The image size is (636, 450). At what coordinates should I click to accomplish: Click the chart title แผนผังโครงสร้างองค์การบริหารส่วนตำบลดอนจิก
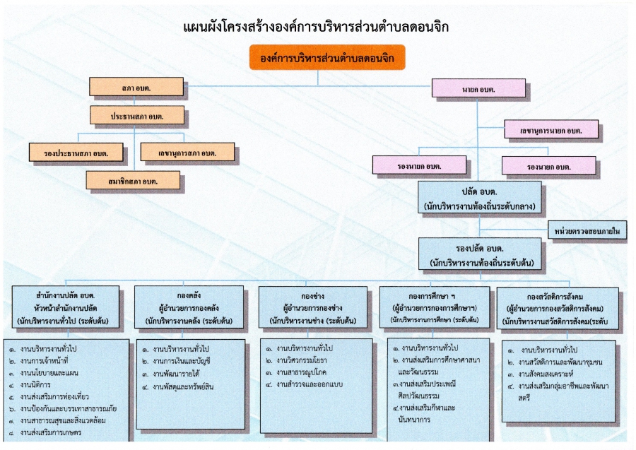[316, 27]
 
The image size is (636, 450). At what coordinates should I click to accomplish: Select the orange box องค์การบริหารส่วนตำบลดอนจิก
[327, 57]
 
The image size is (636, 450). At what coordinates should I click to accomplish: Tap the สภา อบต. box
[136, 87]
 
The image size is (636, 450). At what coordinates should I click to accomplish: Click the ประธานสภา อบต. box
[137, 116]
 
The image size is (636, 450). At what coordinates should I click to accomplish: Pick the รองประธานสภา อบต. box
[76, 153]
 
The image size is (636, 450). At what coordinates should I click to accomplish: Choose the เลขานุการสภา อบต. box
[187, 153]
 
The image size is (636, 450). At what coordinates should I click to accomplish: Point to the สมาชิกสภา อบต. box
[133, 180]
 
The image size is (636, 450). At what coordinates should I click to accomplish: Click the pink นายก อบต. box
[478, 88]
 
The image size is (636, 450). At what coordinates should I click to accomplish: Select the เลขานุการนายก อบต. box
[551, 129]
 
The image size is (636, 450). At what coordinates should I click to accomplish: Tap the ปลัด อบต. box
[480, 198]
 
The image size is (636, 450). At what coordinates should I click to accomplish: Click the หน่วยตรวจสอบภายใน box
[587, 230]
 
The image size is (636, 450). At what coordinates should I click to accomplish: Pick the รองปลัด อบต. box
[480, 254]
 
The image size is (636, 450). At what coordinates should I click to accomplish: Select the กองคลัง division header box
[189, 307]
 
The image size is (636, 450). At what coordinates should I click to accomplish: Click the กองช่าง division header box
[313, 307]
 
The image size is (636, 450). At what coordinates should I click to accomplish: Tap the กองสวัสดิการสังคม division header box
[558, 308]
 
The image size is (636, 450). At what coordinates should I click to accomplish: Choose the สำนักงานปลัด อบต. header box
[66, 307]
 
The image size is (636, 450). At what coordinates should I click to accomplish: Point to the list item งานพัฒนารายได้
[171, 374]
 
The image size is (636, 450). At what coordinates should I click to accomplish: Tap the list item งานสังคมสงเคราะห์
[541, 374]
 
